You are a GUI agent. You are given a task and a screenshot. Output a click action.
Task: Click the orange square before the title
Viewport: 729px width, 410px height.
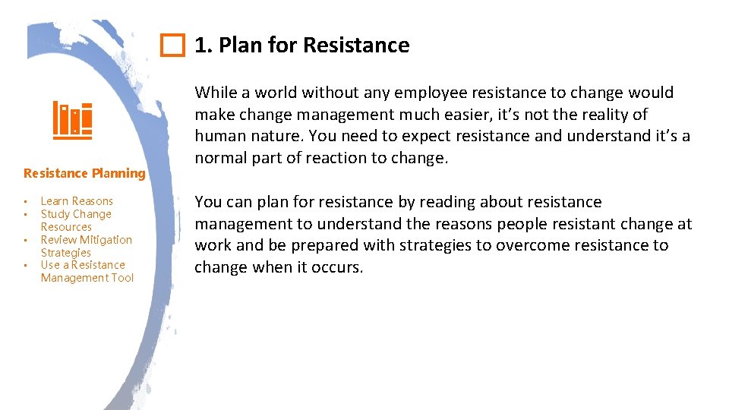pyautogui.click(x=173, y=46)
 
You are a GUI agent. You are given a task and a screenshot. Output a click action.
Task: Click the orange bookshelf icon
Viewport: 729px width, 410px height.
pyautogui.click(x=72, y=121)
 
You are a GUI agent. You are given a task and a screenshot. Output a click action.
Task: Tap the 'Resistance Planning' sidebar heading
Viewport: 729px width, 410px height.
pyautogui.click(x=84, y=173)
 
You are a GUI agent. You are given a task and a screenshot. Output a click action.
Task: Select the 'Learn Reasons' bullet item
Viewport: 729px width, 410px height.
pyautogui.click(x=77, y=201)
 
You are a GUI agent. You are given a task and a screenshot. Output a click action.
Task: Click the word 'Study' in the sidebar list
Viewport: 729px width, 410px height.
pyautogui.click(x=55, y=214)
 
